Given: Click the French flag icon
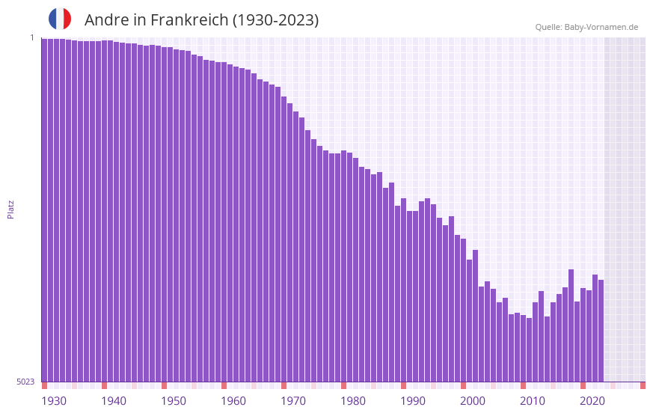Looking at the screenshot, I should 60,19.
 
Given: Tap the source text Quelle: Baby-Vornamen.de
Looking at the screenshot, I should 586,27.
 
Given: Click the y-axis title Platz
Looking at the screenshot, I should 10,209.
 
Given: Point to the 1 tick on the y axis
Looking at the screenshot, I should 31,37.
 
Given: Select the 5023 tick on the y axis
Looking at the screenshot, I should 25,382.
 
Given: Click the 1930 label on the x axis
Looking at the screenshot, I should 54,401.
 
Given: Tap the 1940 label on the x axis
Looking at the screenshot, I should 114,401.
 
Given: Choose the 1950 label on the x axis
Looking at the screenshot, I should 174,401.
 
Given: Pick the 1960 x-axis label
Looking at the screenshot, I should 233,401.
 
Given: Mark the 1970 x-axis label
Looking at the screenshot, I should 293,401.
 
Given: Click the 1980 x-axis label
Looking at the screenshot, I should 353,401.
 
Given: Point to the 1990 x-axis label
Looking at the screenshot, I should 413,401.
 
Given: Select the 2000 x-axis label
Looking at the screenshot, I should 473,401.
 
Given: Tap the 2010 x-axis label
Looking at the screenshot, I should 533,401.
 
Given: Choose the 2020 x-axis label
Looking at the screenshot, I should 592,401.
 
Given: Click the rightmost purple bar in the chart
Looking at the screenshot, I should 601,329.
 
